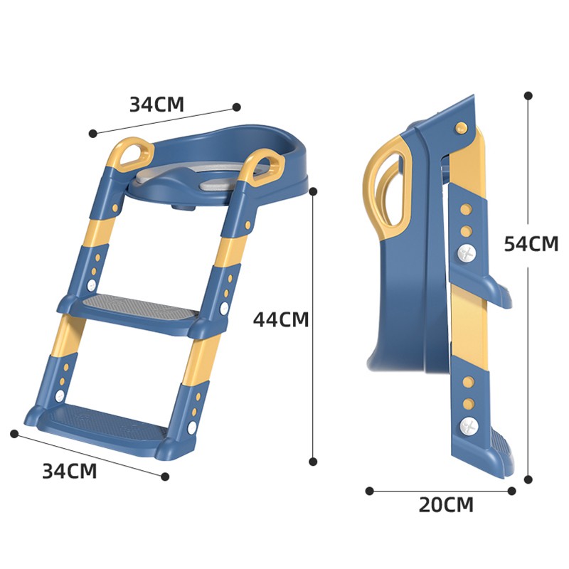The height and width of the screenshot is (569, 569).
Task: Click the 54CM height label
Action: (x=531, y=243)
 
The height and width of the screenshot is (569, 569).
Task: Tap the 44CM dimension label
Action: (x=281, y=319)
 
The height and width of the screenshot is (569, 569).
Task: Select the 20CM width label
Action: (x=445, y=505)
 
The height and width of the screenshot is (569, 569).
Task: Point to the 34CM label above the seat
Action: (x=156, y=105)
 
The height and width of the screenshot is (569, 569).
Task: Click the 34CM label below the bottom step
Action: (x=69, y=471)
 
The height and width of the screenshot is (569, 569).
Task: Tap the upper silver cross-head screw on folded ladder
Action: (x=467, y=252)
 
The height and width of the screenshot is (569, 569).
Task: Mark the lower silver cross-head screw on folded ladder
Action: (x=468, y=427)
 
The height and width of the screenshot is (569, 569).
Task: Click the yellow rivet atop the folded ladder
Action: (x=461, y=127)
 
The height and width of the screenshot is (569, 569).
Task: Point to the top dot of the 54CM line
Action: (x=528, y=95)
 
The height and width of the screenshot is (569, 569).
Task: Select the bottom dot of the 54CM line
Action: (x=528, y=479)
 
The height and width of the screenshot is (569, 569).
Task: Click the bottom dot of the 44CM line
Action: (x=313, y=462)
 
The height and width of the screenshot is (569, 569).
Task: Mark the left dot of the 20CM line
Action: (x=369, y=491)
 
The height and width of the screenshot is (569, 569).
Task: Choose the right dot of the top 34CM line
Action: (x=236, y=107)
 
